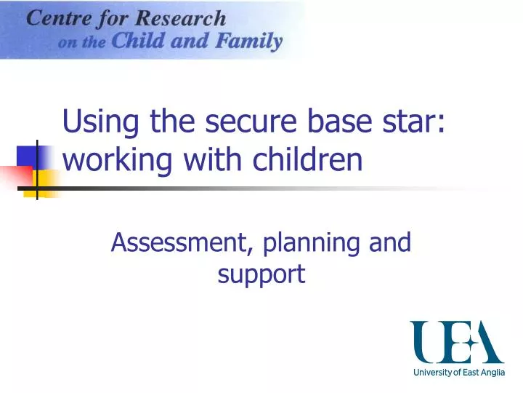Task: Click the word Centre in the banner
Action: pos(57,18)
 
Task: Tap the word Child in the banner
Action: pos(137,41)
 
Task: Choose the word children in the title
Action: pos(308,160)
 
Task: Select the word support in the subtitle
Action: pos(261,275)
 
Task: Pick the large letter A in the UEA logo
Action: pos(485,341)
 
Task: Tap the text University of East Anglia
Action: pos(458,373)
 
